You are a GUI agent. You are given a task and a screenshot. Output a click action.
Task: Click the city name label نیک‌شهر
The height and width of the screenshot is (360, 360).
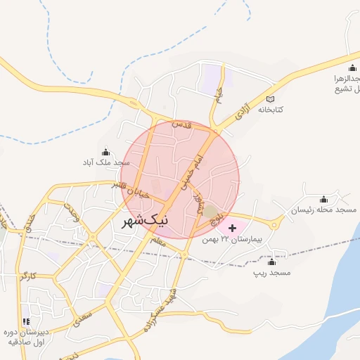(x=146, y=221)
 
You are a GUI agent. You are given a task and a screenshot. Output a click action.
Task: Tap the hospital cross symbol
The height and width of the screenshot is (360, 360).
(x=232, y=228)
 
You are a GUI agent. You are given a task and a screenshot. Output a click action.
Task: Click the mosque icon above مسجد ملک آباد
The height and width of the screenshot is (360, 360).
(x=106, y=153)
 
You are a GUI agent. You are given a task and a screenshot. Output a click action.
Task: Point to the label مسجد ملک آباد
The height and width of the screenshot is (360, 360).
(x=105, y=162)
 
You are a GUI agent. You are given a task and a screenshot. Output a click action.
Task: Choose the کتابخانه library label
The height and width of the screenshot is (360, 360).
(x=274, y=110)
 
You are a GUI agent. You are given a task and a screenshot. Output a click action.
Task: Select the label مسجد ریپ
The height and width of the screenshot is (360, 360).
(x=272, y=271)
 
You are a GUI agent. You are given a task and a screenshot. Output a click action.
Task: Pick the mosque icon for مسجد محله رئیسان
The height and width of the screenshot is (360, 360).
(x=323, y=200)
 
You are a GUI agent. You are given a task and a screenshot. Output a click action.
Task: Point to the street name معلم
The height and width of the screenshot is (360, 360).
(x=157, y=243)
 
